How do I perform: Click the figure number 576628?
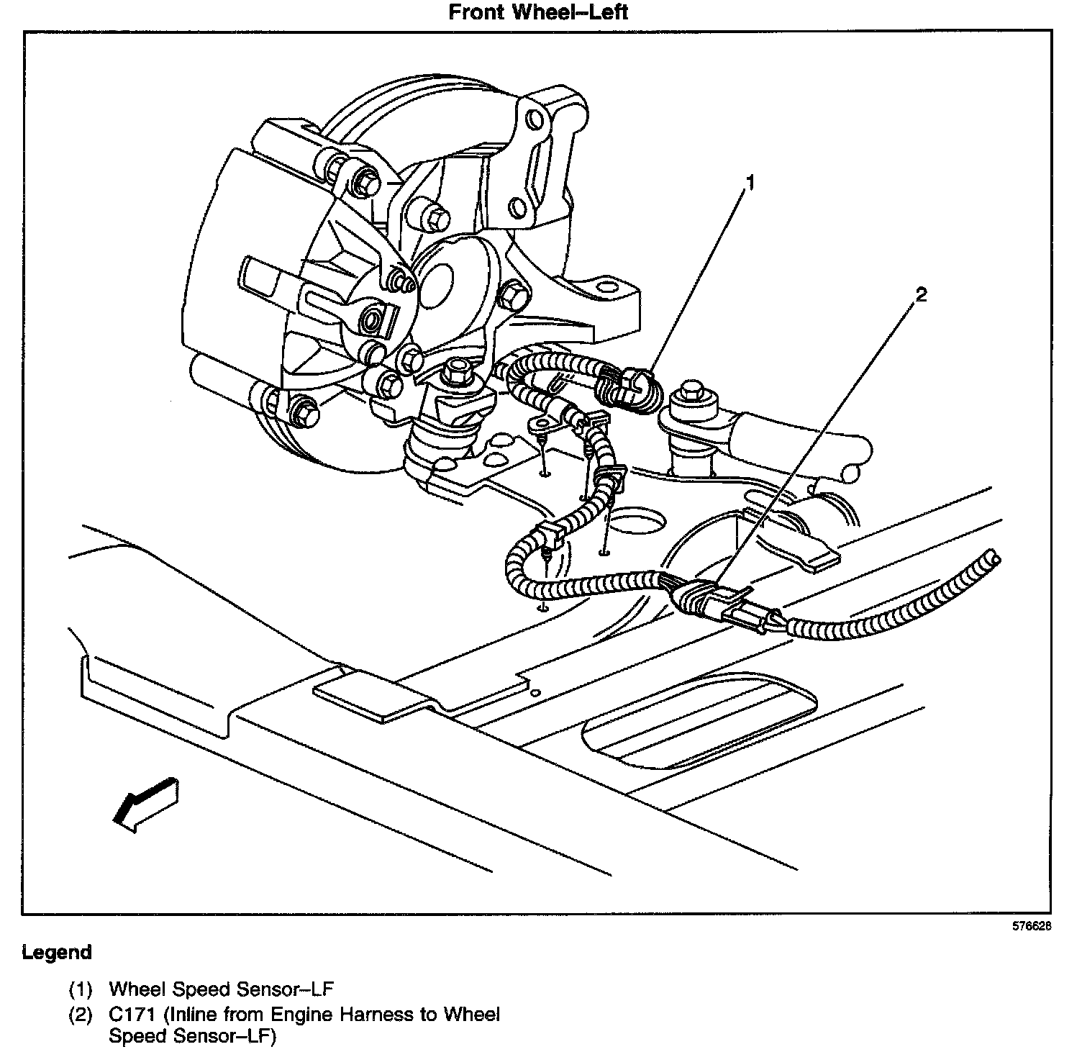[1032, 927]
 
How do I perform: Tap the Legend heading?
[57, 953]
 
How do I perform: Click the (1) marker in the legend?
[81, 989]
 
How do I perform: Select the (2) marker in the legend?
[81, 1015]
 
